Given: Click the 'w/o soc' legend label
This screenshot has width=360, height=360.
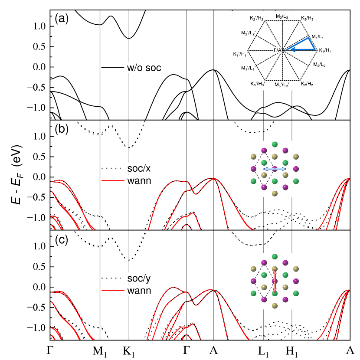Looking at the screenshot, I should tap(143, 68).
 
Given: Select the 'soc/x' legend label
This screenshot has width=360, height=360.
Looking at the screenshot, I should tap(138, 168).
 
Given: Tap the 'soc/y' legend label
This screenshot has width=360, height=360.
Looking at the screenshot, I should tap(138, 278).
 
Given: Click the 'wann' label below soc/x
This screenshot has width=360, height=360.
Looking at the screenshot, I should tap(138, 181).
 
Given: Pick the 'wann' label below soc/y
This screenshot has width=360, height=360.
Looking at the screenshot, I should tap(138, 291).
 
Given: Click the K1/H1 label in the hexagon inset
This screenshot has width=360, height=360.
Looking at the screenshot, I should tap(324, 51).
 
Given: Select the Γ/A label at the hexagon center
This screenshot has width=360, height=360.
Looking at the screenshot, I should tap(278, 50).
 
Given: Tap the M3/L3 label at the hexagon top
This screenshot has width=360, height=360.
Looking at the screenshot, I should tap(282, 16).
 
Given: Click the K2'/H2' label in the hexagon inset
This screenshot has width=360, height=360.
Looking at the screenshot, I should tap(257, 19).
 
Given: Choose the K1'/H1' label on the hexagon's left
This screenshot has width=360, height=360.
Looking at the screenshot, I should tap(240, 54).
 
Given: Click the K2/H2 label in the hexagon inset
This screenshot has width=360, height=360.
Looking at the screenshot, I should tap(307, 83).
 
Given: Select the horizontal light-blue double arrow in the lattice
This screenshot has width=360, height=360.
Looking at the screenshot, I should tap(275, 169).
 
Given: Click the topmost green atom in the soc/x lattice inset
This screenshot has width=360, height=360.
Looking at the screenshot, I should tap(275, 144).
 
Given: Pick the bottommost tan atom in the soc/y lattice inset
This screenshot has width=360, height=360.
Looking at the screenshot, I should tap(275, 306).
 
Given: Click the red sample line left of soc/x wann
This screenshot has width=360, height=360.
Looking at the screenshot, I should tap(113, 180).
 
